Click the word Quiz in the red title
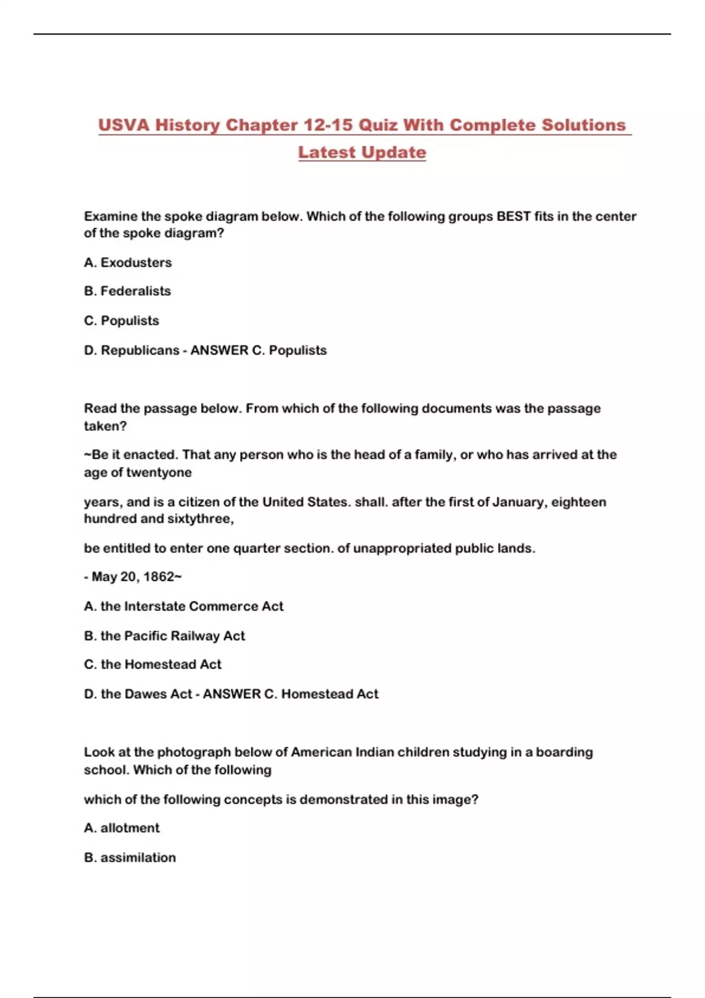pyautogui.click(x=378, y=125)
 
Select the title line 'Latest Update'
pyautogui.click(x=362, y=152)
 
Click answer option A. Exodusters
pyautogui.click(x=127, y=262)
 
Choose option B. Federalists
pyautogui.click(x=127, y=291)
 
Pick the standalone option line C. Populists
pyautogui.click(x=121, y=321)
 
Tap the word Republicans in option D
pyautogui.click(x=140, y=350)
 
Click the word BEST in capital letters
pyautogui.click(x=513, y=216)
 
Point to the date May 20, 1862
pyautogui.click(x=133, y=577)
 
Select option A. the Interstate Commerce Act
pyautogui.click(x=183, y=606)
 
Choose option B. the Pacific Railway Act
pyautogui.click(x=164, y=636)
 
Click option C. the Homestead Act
pyautogui.click(x=152, y=665)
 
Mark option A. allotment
pyautogui.click(x=122, y=828)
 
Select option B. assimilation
pyautogui.click(x=129, y=858)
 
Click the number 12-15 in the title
pyautogui.click(x=328, y=125)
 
